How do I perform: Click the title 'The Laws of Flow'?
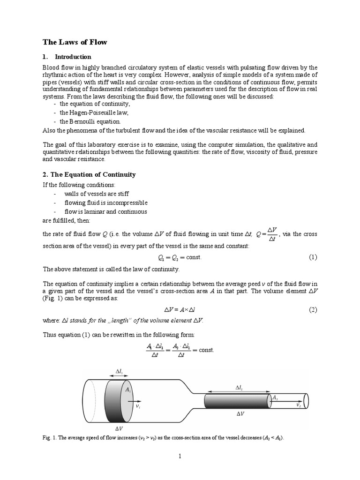pos(75,42)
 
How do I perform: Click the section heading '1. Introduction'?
pos(67,57)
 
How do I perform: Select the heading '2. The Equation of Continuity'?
pos(89,174)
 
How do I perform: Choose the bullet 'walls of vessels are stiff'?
pos(96,194)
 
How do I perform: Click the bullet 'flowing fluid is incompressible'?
pos(105,202)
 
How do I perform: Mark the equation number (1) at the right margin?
pos(313,257)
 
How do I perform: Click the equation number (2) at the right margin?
pos(313,310)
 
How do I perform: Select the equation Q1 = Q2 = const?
pos(180,257)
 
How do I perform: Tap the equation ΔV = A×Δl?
pos(180,310)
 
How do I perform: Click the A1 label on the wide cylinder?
pos(127,389)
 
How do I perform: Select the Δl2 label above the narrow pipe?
pos(239,388)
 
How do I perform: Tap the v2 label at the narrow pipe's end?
pos(299,404)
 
